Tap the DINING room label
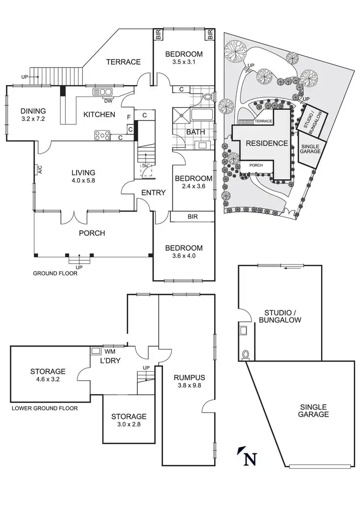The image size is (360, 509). click(x=33, y=111)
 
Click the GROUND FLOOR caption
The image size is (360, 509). click(x=55, y=273)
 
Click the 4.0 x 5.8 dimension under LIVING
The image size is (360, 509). click(x=84, y=182)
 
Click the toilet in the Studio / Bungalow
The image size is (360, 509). click(x=246, y=355)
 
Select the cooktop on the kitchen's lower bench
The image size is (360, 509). click(x=102, y=135)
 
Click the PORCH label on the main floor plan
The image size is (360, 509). click(x=92, y=233)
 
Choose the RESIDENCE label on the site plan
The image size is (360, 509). click(x=267, y=143)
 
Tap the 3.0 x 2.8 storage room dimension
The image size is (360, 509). click(x=129, y=424)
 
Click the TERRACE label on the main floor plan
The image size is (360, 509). click(x=123, y=61)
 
